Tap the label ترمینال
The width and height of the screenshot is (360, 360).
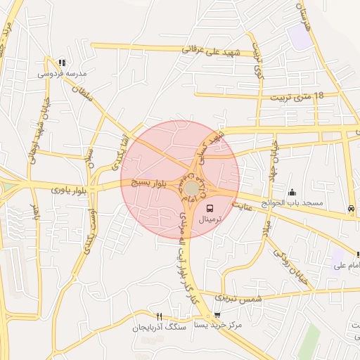(x=209, y=220)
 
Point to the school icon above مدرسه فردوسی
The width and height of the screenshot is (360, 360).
(x=62, y=63)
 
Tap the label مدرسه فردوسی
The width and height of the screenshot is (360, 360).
(x=63, y=73)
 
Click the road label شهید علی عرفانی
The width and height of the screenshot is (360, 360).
(x=212, y=53)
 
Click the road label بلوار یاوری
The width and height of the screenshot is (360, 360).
(x=71, y=189)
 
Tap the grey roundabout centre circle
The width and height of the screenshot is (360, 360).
(x=191, y=188)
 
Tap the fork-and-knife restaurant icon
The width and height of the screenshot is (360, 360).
(x=159, y=316)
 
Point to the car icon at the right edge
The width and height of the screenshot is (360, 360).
(x=350, y=208)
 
